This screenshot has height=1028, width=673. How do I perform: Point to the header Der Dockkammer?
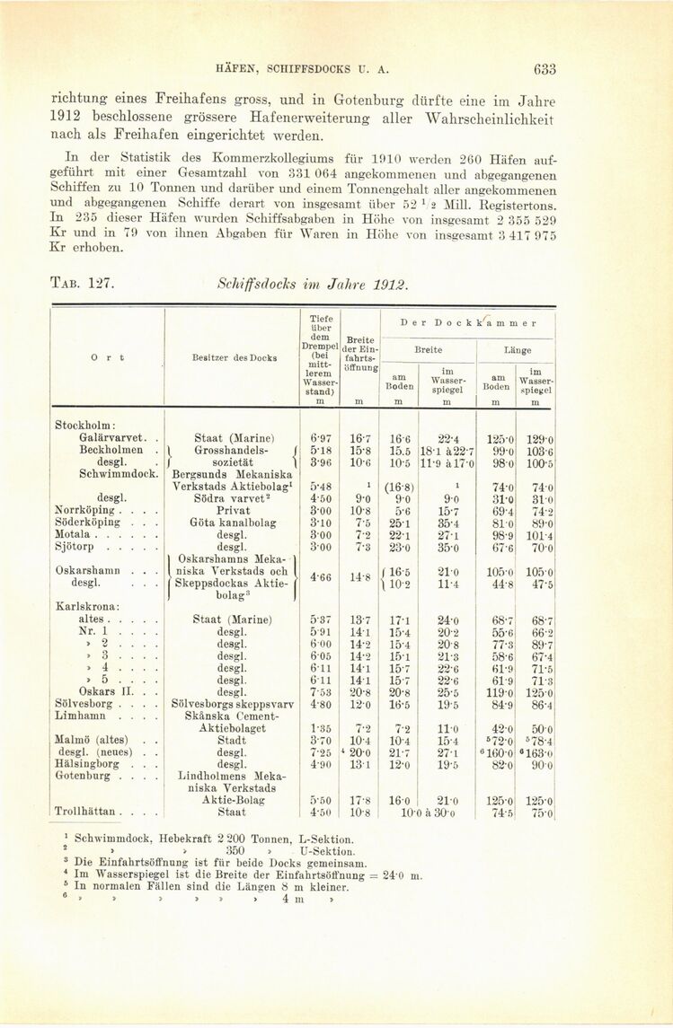467,322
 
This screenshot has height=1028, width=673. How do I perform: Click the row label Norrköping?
83,510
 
